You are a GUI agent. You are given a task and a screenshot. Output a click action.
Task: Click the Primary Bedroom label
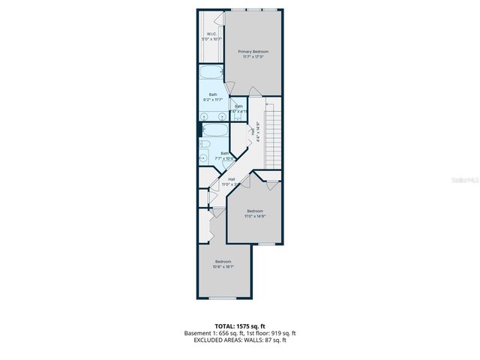(253, 51)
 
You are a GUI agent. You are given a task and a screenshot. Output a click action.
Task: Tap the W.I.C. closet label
(212, 34)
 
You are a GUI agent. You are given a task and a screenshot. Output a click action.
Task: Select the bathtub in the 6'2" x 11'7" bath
(212, 74)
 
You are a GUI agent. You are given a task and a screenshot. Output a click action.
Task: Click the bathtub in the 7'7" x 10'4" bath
(217, 133)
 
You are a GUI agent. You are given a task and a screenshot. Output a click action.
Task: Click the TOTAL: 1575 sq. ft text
(240, 326)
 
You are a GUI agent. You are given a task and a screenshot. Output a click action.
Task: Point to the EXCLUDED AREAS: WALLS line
(240, 340)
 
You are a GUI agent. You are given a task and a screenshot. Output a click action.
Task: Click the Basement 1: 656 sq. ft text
(212, 333)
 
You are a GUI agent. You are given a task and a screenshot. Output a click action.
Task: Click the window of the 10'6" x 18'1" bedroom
(223, 298)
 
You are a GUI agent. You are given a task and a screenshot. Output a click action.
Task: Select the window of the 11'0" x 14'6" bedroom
(266, 244)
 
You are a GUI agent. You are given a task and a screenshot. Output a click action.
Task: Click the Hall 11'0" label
(232, 180)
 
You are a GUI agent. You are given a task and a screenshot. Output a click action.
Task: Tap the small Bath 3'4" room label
(238, 107)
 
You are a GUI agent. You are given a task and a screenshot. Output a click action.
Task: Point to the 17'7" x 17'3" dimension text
(253, 56)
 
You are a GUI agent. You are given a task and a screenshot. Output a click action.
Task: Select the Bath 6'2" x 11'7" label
(213, 96)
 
